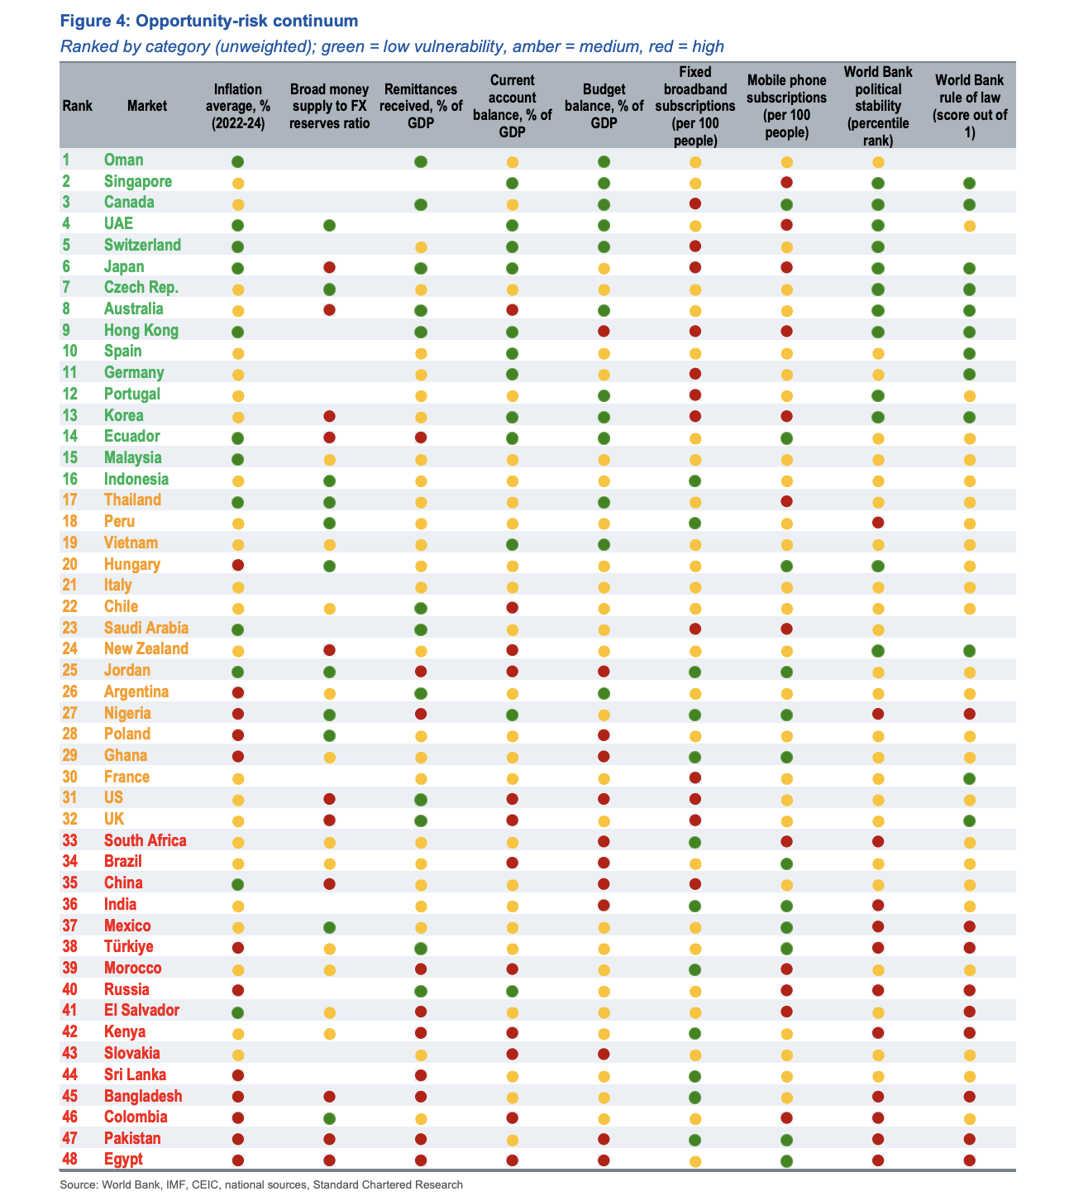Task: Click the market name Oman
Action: click(123, 160)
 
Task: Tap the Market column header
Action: click(147, 106)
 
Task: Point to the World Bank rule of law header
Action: click(969, 106)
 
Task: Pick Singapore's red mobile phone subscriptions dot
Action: click(786, 182)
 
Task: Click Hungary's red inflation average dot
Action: click(238, 565)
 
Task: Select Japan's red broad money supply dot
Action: click(329, 267)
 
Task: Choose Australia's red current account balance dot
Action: click(512, 310)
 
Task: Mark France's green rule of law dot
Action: click(969, 777)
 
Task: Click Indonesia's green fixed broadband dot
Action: click(695, 480)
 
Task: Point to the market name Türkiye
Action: click(128, 946)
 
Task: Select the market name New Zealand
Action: click(146, 649)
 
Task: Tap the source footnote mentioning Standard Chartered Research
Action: click(261, 1184)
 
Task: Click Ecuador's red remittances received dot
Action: click(420, 438)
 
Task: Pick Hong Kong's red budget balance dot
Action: click(604, 331)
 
